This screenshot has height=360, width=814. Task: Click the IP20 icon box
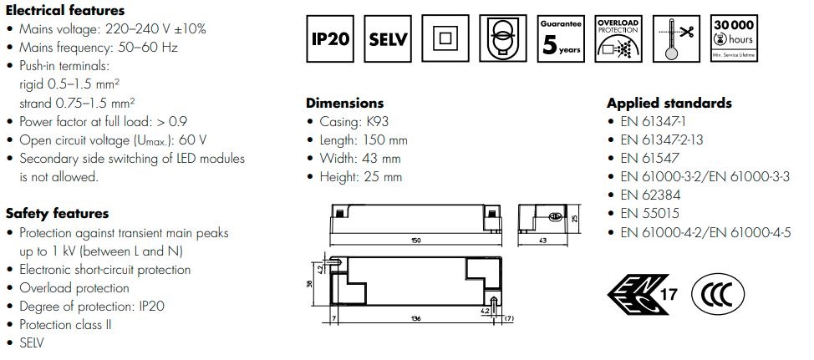click(329, 38)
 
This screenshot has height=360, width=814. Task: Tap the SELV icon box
click(388, 38)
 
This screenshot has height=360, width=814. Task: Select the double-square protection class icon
click(445, 38)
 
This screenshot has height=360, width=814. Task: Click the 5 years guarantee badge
click(561, 38)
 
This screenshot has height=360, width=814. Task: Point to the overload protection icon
click(618, 38)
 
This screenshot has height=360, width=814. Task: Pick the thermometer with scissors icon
click(676, 38)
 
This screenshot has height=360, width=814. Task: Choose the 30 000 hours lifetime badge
click(734, 38)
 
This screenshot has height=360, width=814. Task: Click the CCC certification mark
click(718, 294)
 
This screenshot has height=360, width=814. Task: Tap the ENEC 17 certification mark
click(643, 294)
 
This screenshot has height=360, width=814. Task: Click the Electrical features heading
click(65, 10)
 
